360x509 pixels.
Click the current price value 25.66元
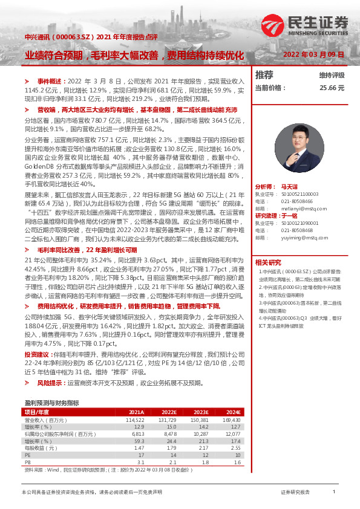click(332, 88)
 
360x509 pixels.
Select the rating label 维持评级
click(332, 76)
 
